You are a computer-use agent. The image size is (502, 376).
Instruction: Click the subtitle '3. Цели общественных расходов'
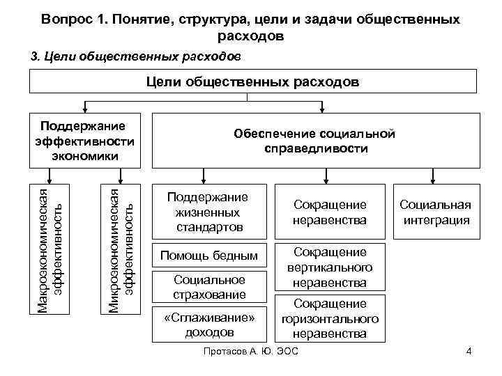click(136, 56)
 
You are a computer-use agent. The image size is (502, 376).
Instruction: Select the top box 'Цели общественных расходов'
click(252, 82)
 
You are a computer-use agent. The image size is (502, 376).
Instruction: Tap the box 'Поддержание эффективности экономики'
click(84, 140)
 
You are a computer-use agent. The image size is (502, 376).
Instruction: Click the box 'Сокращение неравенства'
click(330, 212)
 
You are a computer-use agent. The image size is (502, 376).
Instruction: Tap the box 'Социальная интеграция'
click(435, 212)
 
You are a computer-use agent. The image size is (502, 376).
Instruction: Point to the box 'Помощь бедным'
click(210, 256)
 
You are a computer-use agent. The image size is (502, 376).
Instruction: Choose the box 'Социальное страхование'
click(210, 287)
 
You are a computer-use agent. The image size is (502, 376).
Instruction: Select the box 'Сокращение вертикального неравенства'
click(330, 267)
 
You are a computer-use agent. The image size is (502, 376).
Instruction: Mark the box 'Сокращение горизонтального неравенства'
click(330, 319)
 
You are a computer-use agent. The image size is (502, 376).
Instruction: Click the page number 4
click(469, 351)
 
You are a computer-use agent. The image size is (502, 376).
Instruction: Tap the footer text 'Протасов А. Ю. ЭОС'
click(249, 351)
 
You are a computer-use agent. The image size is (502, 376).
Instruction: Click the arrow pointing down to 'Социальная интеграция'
click(435, 175)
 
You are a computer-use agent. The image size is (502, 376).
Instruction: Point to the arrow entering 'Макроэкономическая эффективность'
click(53, 175)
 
